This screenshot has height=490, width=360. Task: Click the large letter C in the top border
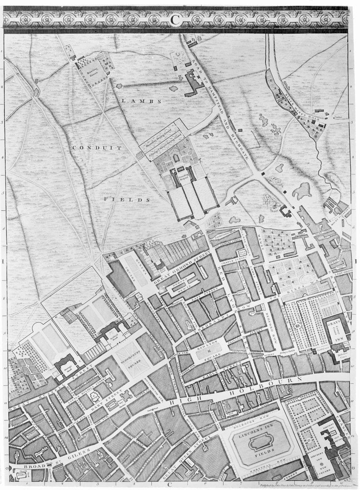(175, 20)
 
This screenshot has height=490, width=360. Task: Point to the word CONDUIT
(97, 148)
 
